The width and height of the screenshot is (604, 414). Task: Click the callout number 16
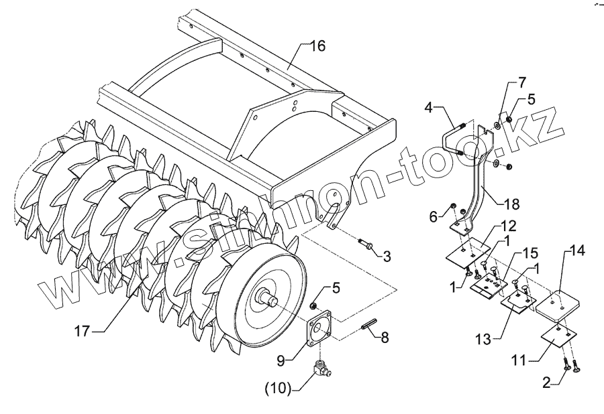(317, 46)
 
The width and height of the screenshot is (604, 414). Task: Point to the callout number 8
(385, 338)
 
